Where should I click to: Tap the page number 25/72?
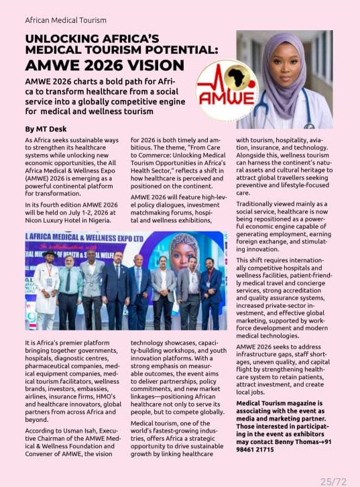pyautogui.click(x=333, y=481)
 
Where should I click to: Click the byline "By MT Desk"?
pyautogui.click(x=46, y=128)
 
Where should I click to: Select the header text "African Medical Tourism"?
pyautogui.click(x=66, y=20)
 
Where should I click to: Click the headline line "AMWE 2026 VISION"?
pyautogui.click(x=105, y=65)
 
